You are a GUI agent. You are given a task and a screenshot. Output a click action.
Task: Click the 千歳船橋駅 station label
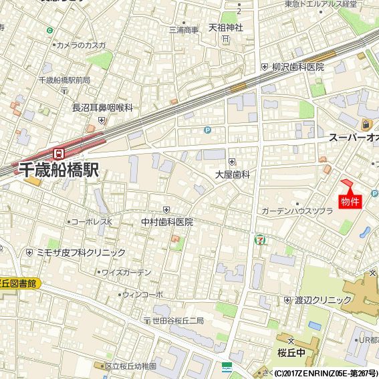(59, 170)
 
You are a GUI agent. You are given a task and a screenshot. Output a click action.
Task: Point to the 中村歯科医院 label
(166, 221)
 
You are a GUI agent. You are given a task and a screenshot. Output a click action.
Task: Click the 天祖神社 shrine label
(225, 28)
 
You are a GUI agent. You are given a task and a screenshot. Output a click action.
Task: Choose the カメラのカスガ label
(81, 45)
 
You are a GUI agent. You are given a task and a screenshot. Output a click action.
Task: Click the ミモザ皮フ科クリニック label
(80, 253)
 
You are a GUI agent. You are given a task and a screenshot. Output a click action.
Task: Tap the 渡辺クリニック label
(318, 300)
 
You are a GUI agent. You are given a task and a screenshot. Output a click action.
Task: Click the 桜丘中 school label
(291, 352)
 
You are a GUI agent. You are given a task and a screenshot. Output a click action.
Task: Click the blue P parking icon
(207, 130)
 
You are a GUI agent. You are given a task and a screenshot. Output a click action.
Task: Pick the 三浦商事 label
(184, 29)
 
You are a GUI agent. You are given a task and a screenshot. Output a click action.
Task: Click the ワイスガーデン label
(126, 273)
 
